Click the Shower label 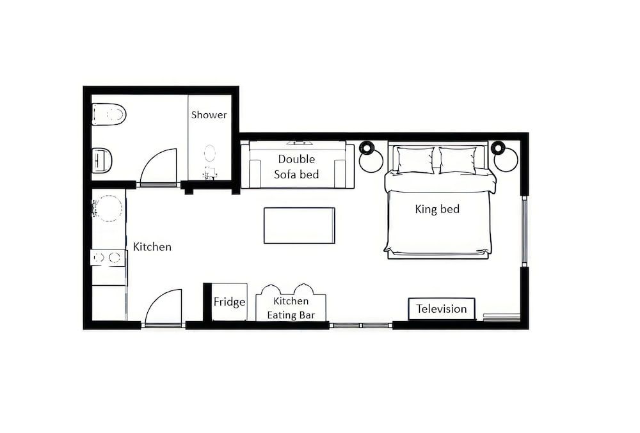(x=209, y=115)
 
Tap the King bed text (x=437, y=209)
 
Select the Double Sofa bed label (x=296, y=166)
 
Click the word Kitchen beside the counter (x=152, y=246)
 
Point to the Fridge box (x=229, y=302)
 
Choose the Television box (x=442, y=309)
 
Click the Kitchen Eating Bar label (x=291, y=308)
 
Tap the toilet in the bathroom (x=109, y=114)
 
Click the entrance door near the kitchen (x=163, y=307)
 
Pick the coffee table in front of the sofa (x=299, y=225)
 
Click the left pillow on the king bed (x=415, y=160)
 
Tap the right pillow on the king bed (x=458, y=160)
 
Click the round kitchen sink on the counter (x=108, y=209)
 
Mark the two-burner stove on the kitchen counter (x=108, y=258)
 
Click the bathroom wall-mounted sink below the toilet (x=102, y=160)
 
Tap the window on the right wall (x=524, y=231)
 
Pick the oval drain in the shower (x=210, y=154)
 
